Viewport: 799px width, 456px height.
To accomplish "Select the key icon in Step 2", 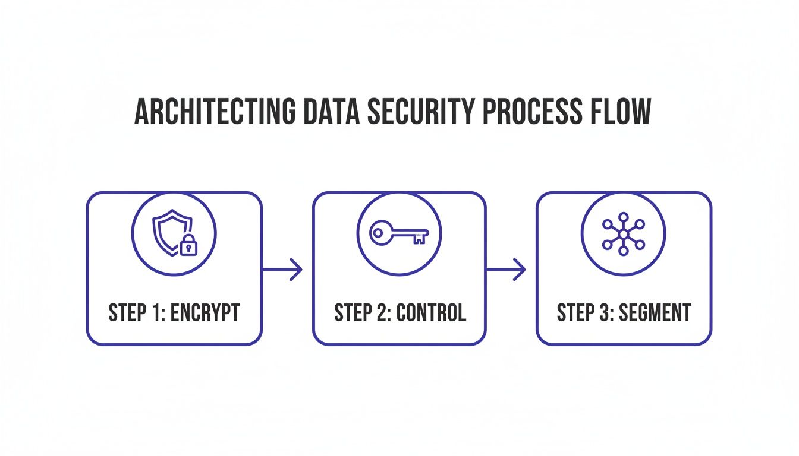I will click(399, 233).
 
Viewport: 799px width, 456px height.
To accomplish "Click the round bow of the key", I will click(379, 232).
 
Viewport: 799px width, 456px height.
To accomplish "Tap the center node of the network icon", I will click(623, 234).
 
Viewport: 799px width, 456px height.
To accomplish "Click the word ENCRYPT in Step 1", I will click(205, 313).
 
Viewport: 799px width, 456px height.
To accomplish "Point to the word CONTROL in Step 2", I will click(432, 313).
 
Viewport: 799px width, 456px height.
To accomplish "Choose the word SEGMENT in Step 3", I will click(656, 313).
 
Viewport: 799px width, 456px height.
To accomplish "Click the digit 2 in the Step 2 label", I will click(382, 313).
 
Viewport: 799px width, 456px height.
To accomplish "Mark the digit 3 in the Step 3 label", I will click(605, 313).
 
